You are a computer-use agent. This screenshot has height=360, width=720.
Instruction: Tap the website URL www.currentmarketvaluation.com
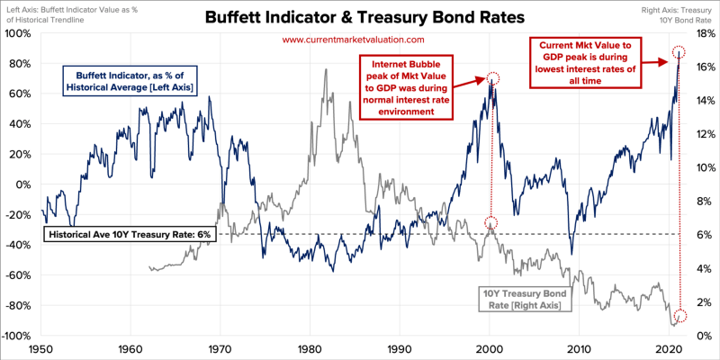click(x=352, y=40)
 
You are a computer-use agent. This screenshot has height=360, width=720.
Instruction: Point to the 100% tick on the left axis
click(x=18, y=33)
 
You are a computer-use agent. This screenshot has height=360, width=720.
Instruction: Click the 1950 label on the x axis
click(x=40, y=348)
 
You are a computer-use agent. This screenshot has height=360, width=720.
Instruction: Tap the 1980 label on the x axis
click(x=310, y=348)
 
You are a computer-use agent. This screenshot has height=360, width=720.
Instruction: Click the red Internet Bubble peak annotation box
click(x=407, y=86)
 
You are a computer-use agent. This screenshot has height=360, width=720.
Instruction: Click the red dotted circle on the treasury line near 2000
click(x=490, y=222)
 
